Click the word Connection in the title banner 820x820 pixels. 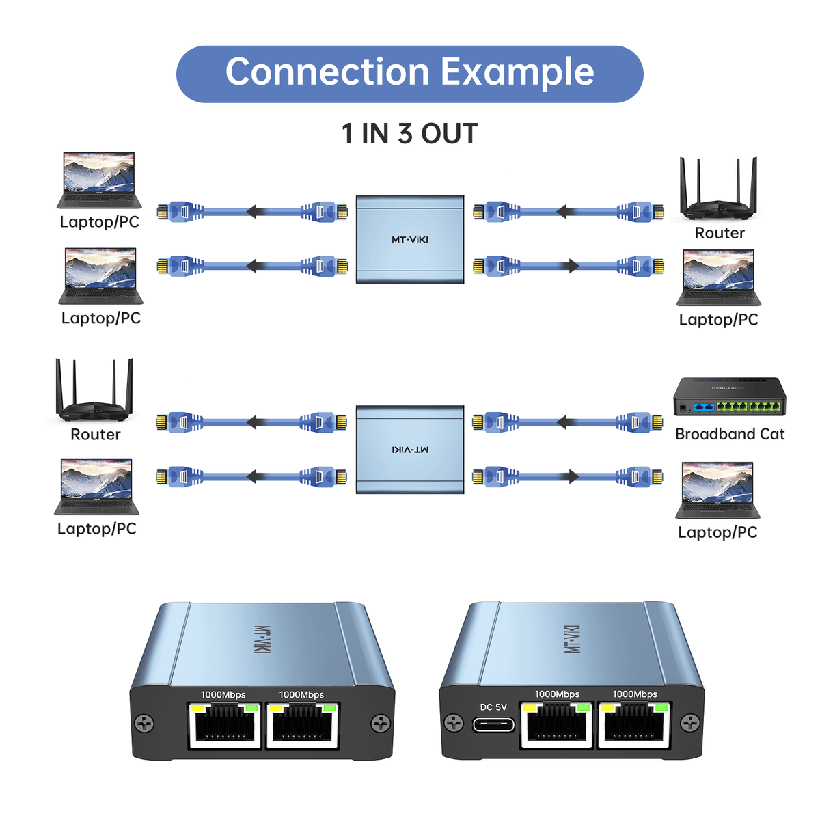(x=328, y=72)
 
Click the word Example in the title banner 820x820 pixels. (x=517, y=72)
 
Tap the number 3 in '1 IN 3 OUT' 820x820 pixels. (x=405, y=134)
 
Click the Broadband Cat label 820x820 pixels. (x=729, y=434)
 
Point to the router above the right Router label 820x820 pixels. (x=718, y=190)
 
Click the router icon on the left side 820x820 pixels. (x=94, y=390)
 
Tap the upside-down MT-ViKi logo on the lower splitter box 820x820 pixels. (x=410, y=450)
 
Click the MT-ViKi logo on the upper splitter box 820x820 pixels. (x=410, y=240)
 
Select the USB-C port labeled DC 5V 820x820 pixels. (x=493, y=724)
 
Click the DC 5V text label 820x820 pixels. (x=493, y=707)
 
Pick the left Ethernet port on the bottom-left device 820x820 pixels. (x=224, y=724)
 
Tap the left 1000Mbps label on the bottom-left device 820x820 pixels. (x=223, y=695)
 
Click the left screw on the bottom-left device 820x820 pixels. (x=144, y=723)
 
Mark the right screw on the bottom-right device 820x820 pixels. (x=691, y=722)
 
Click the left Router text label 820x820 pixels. (x=95, y=435)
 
